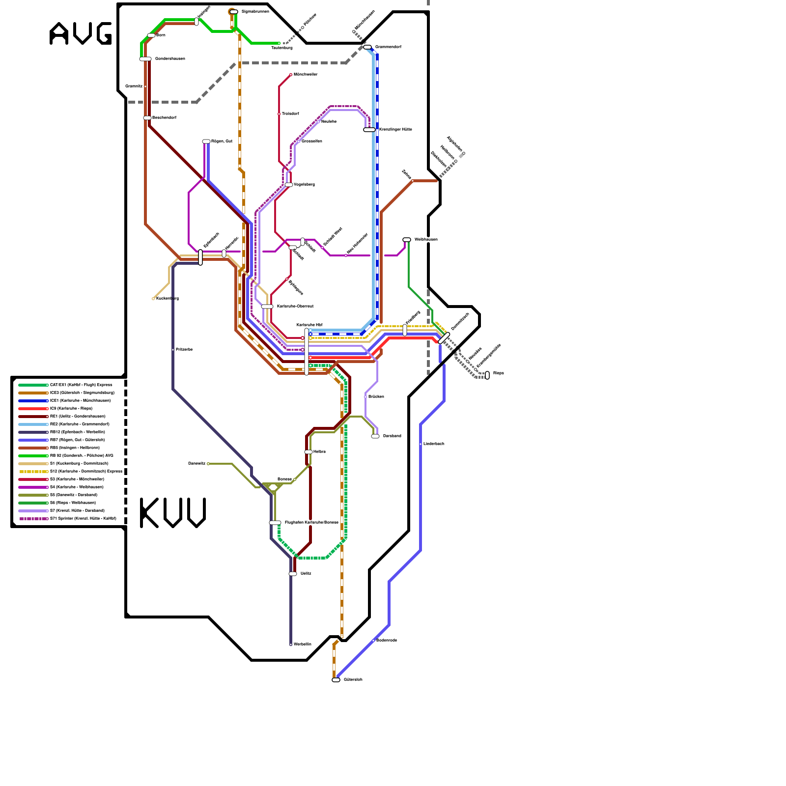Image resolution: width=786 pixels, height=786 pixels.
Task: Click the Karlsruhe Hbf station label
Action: coord(309,325)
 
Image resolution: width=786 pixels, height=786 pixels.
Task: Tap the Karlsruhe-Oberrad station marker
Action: coord(267,307)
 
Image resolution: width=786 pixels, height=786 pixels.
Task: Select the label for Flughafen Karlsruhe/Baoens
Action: coord(311,522)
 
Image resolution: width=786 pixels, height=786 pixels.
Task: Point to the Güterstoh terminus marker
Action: coord(336,680)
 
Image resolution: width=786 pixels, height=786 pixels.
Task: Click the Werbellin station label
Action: coord(303,644)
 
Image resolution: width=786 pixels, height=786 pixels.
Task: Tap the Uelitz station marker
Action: coord(293,574)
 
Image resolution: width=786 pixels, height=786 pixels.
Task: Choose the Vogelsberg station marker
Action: coord(289,185)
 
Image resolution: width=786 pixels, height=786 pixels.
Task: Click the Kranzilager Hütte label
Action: coord(395,129)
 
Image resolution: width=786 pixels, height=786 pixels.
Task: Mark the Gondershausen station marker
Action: coord(145,59)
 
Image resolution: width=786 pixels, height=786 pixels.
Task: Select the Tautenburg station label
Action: coord(282,48)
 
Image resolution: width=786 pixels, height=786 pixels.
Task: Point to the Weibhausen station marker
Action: coord(407,240)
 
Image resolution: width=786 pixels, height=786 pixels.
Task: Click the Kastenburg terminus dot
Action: coord(154,299)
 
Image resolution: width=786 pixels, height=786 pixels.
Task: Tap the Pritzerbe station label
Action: coord(184,349)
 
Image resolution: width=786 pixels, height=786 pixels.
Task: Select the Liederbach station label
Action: coord(434,444)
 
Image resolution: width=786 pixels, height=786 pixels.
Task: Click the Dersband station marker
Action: coord(375,436)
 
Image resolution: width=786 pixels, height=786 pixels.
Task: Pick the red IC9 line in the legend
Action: coord(33,409)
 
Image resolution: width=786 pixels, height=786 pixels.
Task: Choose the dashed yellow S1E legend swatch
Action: coord(33,472)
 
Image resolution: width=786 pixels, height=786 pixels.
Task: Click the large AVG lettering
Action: coord(81,34)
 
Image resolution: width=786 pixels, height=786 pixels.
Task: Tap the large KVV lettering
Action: coord(173,513)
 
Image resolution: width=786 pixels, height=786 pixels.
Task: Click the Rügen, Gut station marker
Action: coord(206,141)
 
